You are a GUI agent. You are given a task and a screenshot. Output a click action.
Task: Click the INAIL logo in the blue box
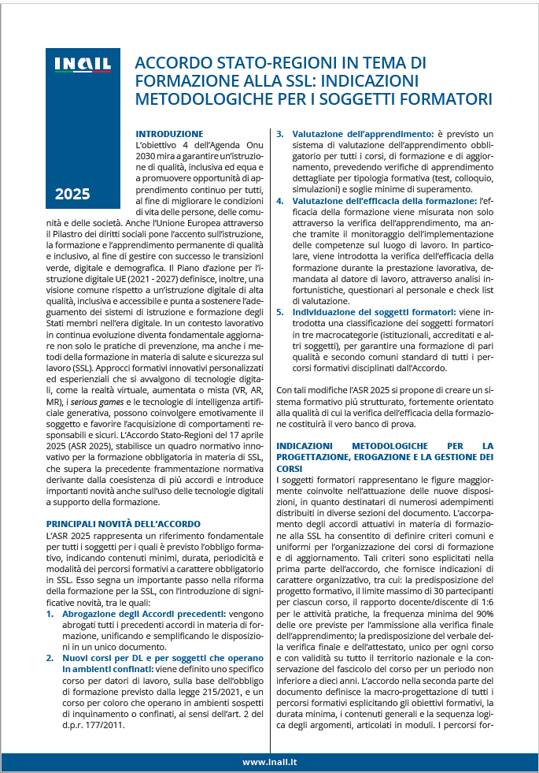pos(82,65)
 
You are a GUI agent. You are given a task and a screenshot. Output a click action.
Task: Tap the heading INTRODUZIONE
pos(169,134)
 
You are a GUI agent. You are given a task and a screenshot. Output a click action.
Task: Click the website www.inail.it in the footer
pos(269,762)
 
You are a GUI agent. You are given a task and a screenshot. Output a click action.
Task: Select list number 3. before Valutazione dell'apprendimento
pos(279,134)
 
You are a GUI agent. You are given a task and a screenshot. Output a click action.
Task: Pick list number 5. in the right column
pos(279,313)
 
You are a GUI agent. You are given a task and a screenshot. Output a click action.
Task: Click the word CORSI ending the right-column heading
pos(290,468)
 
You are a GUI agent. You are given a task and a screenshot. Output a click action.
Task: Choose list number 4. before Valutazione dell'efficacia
pos(279,201)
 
